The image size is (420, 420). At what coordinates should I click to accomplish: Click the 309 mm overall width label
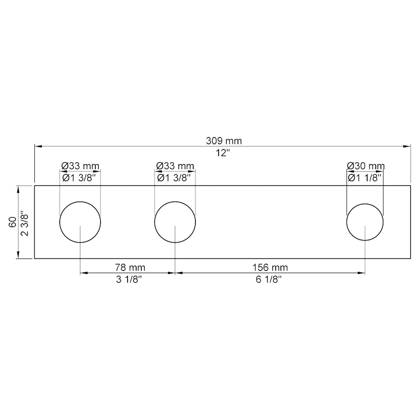pyautogui.click(x=224, y=141)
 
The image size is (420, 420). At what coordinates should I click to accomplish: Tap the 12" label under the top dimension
pyautogui.click(x=223, y=153)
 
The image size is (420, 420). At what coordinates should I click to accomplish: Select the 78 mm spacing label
pyautogui.click(x=130, y=267)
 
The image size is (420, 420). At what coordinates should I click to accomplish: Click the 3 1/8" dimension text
pyautogui.click(x=129, y=280)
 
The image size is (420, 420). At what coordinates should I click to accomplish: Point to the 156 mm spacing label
pyautogui.click(x=270, y=267)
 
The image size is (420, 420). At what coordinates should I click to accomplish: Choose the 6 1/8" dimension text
pyautogui.click(x=268, y=280)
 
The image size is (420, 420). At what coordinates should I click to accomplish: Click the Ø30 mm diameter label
pyautogui.click(x=366, y=166)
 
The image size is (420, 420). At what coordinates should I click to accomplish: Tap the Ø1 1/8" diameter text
pyautogui.click(x=364, y=178)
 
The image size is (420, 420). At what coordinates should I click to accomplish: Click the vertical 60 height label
pyautogui.click(x=13, y=222)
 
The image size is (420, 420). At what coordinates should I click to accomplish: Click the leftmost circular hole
pyautogui.click(x=80, y=222)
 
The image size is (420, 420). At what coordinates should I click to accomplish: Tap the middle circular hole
pyautogui.click(x=175, y=222)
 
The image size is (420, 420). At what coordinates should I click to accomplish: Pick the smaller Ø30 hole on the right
pyautogui.click(x=365, y=222)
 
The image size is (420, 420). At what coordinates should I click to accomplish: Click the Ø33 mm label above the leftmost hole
pyautogui.click(x=80, y=166)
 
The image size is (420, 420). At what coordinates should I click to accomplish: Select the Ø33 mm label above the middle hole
pyautogui.click(x=175, y=166)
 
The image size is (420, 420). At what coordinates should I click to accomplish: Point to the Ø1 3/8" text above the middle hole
pyautogui.click(x=174, y=178)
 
